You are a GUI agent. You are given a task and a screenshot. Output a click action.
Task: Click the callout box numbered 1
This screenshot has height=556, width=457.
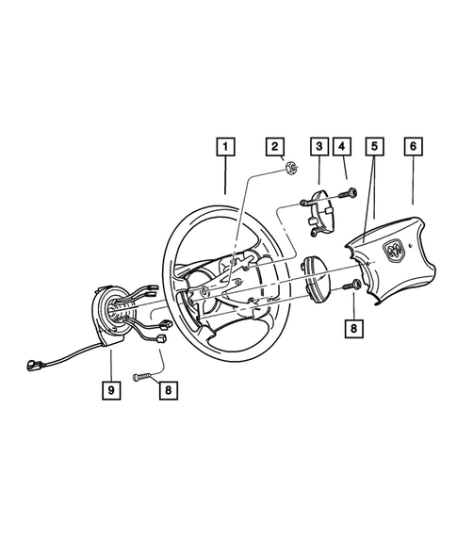click(x=225, y=147)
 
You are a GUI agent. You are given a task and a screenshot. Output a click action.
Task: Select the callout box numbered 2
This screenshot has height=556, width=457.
click(x=275, y=147)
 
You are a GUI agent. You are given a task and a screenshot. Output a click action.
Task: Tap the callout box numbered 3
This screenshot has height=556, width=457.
click(x=319, y=147)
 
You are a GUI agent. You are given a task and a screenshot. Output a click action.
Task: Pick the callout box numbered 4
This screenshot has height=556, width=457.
click(x=343, y=147)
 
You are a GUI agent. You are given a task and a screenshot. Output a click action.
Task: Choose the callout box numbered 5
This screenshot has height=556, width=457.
click(x=375, y=147)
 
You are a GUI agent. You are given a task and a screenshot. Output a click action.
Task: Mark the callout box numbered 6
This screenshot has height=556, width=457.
click(x=413, y=147)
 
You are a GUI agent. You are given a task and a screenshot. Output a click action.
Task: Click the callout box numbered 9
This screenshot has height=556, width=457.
click(x=111, y=387)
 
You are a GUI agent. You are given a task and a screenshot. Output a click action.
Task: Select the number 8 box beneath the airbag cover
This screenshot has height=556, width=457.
click(x=352, y=330)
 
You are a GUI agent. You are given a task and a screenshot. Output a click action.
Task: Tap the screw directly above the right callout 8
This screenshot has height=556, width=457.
click(x=351, y=285)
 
